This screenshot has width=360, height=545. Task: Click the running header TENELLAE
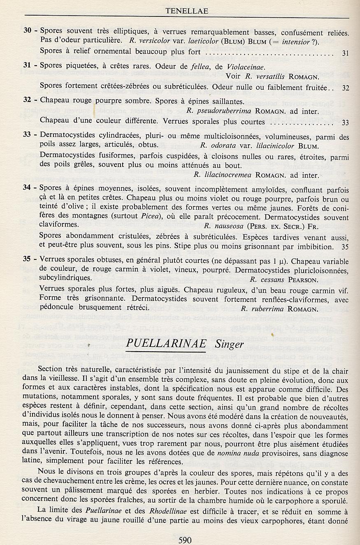tap(186, 11)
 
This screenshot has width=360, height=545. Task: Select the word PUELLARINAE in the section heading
tap(166, 344)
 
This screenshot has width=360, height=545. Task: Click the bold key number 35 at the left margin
tap(28, 262)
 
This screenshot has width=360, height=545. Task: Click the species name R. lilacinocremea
tap(223, 175)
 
